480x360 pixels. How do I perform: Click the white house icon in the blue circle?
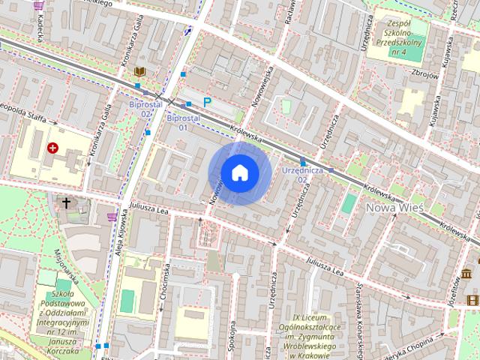click(239, 172)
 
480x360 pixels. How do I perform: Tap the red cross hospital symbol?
click(52, 148)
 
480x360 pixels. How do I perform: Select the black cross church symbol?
click(66, 202)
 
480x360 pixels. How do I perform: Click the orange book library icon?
click(139, 72)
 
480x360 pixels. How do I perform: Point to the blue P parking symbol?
click(208, 102)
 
